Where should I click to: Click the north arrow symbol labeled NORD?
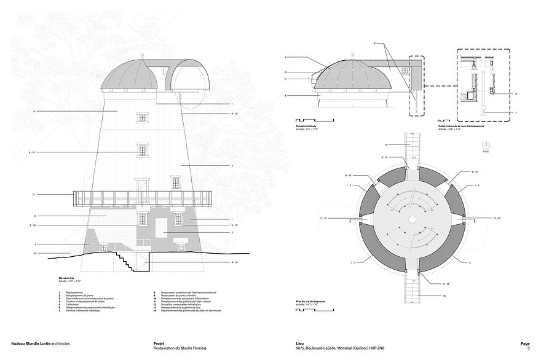coord(486,146)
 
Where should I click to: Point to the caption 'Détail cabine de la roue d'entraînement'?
coord(461,127)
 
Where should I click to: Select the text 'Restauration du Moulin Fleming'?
coord(180,348)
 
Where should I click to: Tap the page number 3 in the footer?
coord(520,348)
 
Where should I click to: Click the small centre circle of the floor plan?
coord(412,219)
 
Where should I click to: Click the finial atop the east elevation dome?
coord(142,59)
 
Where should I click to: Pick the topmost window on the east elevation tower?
coord(143,116)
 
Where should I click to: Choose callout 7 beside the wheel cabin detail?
coord(516,113)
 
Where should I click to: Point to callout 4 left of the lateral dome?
coord(286,57)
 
